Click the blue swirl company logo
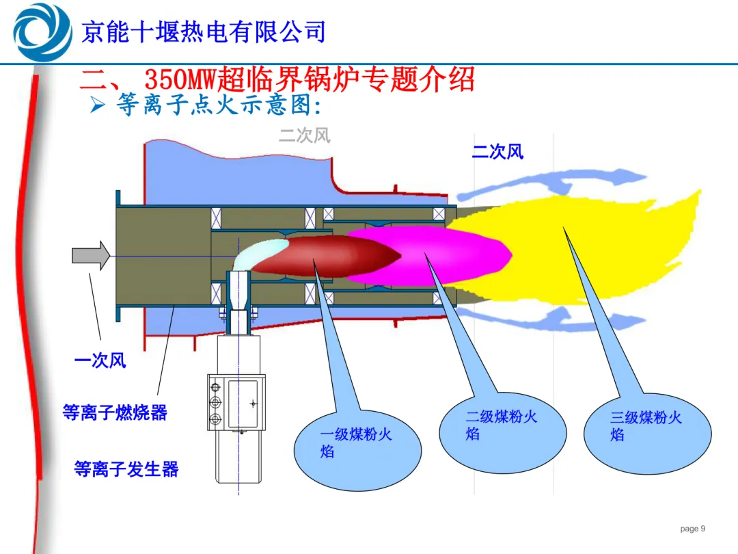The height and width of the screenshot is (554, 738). coord(42,32)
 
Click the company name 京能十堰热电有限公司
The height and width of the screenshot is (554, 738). coord(204,32)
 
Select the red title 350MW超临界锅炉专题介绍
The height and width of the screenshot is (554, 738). coord(310,79)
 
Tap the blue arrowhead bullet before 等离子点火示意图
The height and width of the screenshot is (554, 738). coord(98,105)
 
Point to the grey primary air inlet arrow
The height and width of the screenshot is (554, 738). coord(91,255)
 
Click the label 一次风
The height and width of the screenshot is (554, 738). coord(100,360)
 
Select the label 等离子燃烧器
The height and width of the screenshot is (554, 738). coord(115,412)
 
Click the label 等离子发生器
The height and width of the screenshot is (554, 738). coord(126,469)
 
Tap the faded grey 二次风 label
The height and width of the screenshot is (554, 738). coord(305,135)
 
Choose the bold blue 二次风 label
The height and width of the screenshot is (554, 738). coord(497,152)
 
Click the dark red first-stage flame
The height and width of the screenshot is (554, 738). coord(325,255)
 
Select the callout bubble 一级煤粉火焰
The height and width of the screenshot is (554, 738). coord(357,450)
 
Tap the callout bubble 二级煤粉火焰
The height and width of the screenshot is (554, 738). coord(503,432)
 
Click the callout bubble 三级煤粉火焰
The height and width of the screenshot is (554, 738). coord(648,434)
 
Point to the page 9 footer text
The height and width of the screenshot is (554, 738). coord(692,529)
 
